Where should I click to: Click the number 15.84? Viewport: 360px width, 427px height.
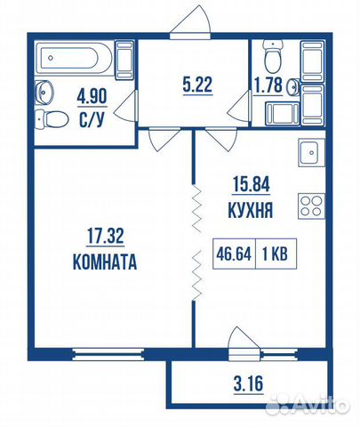point(248,187)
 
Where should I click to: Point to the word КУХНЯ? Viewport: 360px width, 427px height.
point(248,211)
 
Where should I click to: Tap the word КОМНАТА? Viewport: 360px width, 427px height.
point(105,262)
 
